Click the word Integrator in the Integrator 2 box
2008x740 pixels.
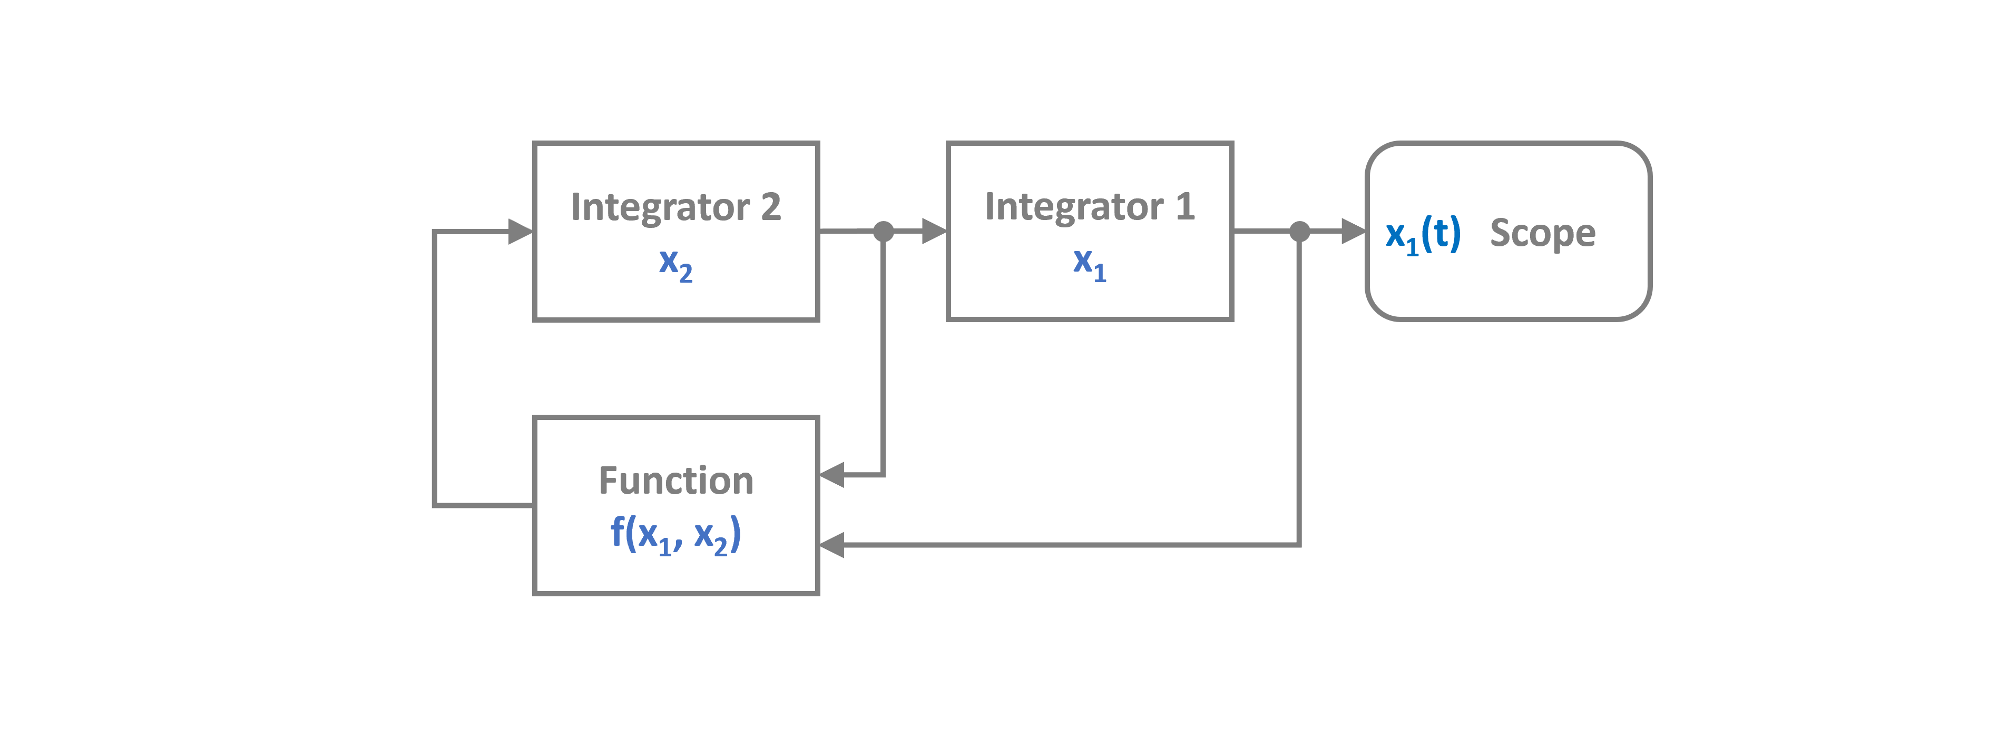(660, 207)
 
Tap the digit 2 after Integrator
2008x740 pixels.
(770, 207)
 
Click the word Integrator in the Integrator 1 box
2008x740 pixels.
(1073, 207)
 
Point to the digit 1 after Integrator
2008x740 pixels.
(1185, 207)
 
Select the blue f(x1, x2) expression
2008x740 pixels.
(675, 535)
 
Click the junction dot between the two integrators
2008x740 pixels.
(883, 232)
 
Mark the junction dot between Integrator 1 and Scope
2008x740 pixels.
(1299, 232)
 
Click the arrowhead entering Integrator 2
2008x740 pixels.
(520, 232)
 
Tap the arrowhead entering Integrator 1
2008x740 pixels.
(933, 232)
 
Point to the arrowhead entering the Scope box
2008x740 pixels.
(1353, 232)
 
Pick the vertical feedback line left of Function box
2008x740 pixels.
(434, 366)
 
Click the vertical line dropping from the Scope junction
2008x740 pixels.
(1299, 389)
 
